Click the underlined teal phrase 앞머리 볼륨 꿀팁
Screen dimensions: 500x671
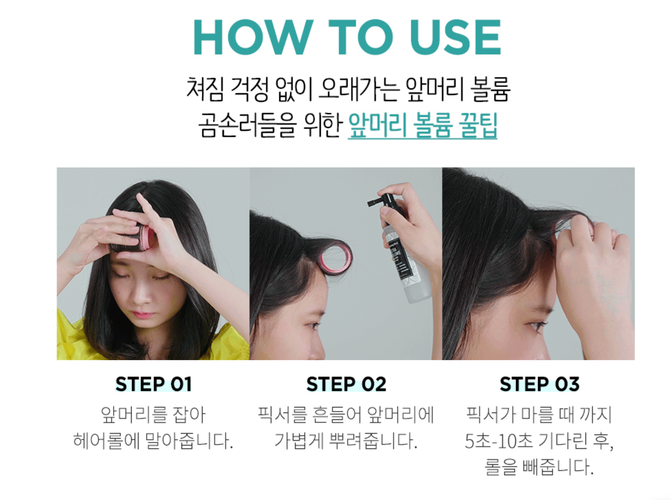coord(422,125)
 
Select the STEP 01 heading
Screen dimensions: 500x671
coord(153,384)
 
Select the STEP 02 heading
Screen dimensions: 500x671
coord(346,384)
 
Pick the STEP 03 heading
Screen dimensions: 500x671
coord(539,384)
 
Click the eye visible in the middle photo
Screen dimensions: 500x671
coord(313,326)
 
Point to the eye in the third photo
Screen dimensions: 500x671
coord(536,326)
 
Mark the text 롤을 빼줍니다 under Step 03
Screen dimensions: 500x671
coord(539,467)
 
